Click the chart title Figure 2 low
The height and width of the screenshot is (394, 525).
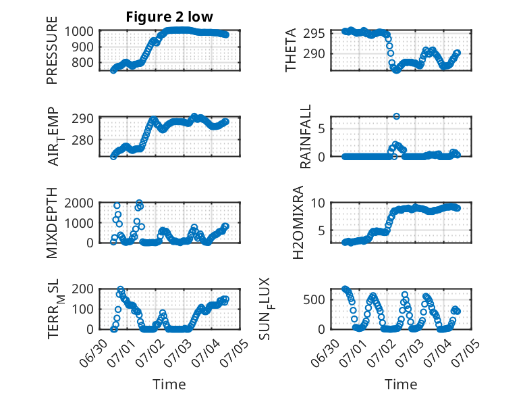[x=169, y=17]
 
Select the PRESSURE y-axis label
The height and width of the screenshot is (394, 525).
[x=52, y=50]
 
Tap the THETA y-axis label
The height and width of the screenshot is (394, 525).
[x=291, y=50]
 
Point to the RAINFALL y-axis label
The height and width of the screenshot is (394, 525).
[x=306, y=136]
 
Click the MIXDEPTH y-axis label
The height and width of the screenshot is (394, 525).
[x=52, y=222]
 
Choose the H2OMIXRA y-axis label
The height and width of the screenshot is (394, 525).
[x=298, y=222]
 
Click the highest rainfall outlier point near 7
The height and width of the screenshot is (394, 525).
[x=396, y=116]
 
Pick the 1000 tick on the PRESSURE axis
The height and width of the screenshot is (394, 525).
[x=79, y=32]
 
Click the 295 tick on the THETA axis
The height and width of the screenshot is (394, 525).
[x=314, y=34]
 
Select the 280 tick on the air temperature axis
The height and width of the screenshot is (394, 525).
[x=82, y=140]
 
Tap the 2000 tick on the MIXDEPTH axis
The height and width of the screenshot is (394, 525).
[x=79, y=203]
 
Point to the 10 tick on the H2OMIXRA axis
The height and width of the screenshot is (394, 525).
[x=318, y=203]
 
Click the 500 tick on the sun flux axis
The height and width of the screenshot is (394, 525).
[x=314, y=300]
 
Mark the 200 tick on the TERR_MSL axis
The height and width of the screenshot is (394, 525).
[x=82, y=289]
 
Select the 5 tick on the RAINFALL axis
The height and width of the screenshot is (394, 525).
[x=322, y=129]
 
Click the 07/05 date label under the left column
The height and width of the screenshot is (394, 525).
[x=234, y=352]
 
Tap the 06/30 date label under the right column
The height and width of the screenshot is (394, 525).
[x=325, y=352]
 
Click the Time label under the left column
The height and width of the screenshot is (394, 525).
[x=169, y=385]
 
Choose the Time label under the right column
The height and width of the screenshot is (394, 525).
[x=401, y=385]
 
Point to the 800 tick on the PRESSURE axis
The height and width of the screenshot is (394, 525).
[x=82, y=62]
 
